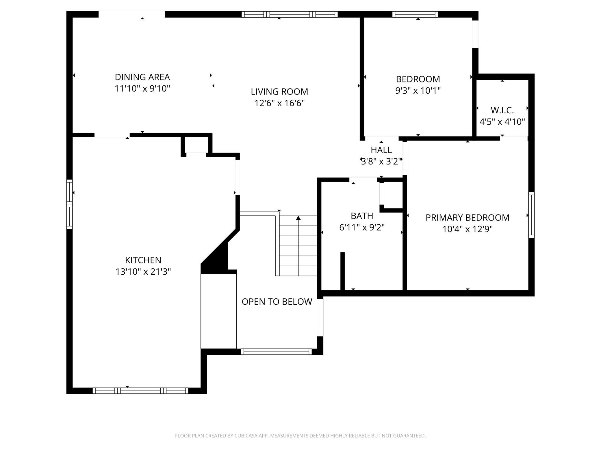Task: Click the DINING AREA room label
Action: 142,77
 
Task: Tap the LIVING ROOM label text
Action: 279,92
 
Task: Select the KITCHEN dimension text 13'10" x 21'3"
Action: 143,272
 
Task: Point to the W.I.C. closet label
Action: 502,110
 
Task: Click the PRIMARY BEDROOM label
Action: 468,218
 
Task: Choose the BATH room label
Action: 362,216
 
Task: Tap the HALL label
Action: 381,150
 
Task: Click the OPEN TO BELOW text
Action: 277,302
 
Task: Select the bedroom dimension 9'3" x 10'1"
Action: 418,91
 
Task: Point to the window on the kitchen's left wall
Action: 69,204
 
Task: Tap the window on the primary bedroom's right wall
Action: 531,215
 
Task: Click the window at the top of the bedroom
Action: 415,14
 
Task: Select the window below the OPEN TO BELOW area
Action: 277,352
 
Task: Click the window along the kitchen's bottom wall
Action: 140,391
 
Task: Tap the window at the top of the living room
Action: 290,14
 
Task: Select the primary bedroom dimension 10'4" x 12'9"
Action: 468,229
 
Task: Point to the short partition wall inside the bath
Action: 343,271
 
